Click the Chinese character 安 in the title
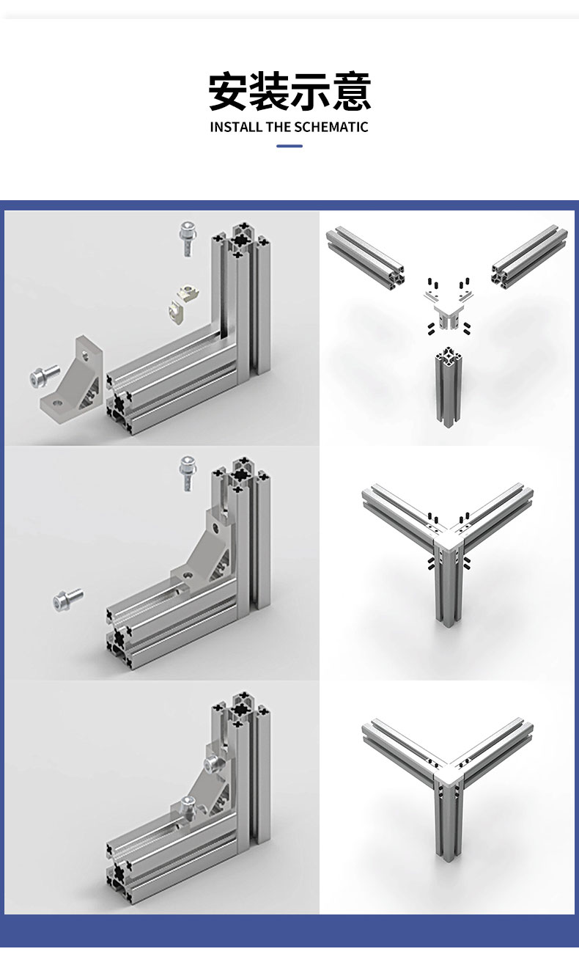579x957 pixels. click(228, 91)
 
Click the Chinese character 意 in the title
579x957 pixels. click(352, 91)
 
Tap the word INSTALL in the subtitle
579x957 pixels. click(235, 127)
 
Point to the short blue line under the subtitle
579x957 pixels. click(289, 146)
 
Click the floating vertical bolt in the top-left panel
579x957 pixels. click(188, 238)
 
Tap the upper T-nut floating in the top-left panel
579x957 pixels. click(187, 292)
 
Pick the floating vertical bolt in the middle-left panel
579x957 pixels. click(188, 472)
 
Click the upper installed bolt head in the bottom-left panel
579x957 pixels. click(213, 763)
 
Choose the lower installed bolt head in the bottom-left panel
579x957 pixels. click(187, 804)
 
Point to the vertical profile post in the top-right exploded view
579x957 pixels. click(448, 386)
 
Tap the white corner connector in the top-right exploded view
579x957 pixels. click(449, 309)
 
